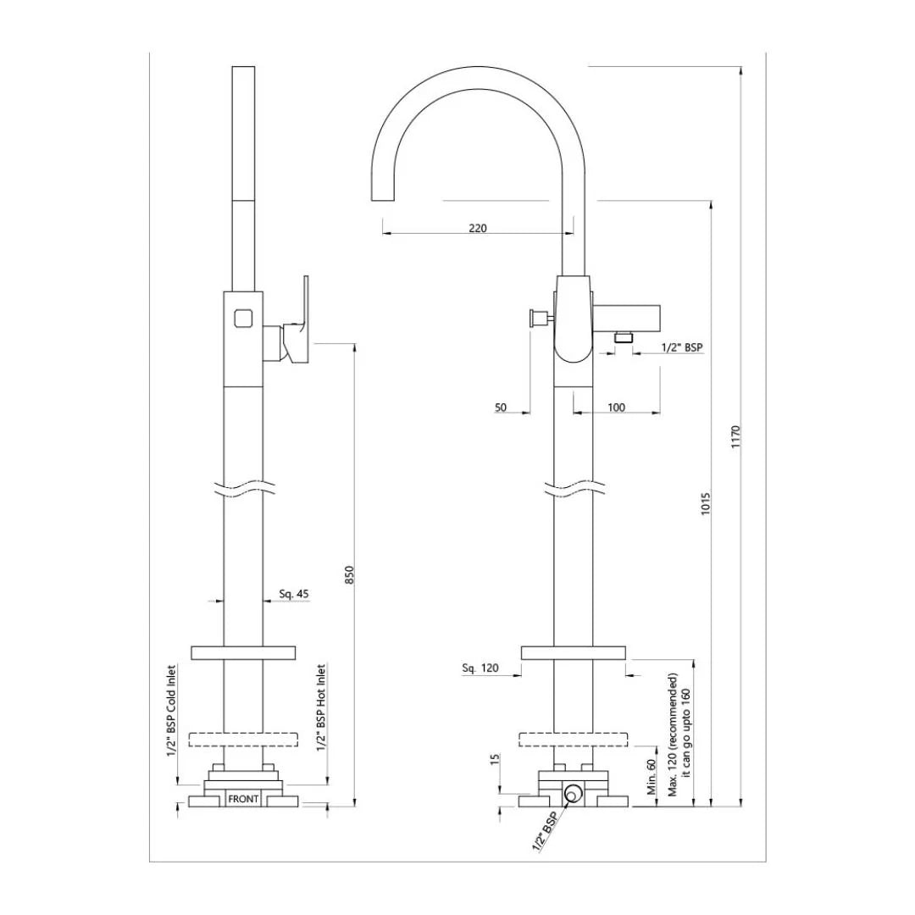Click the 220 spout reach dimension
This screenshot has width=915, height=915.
tap(477, 228)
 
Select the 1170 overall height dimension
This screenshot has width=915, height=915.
tap(735, 436)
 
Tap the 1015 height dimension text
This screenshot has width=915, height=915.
tap(706, 505)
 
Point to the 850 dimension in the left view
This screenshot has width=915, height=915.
tap(349, 574)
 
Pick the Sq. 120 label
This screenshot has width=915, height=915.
tap(480, 668)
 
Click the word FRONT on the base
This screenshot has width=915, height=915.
tap(243, 799)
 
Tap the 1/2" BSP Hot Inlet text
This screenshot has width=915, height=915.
tap(321, 707)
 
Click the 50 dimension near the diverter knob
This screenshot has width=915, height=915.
tap(501, 408)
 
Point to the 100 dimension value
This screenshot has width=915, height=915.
tap(616, 408)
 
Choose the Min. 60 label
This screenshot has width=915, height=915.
tap(652, 775)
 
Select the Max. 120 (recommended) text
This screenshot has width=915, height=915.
tap(673, 735)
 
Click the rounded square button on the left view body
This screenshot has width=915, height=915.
tap(242, 319)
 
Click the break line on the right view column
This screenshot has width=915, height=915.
tap(574, 490)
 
